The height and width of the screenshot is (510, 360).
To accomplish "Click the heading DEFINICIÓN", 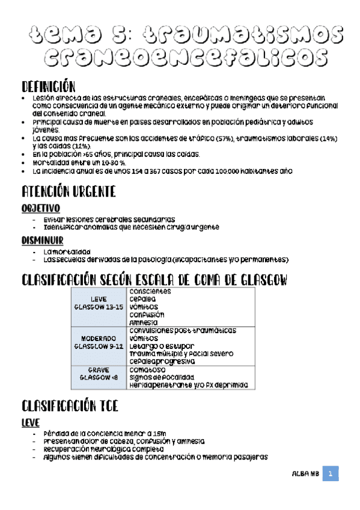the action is [48, 86].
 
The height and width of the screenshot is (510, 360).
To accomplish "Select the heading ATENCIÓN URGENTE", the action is [68, 192].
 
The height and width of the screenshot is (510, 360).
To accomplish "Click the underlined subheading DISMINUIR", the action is [42, 241].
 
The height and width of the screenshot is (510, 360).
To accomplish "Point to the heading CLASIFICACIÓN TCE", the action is [69, 406].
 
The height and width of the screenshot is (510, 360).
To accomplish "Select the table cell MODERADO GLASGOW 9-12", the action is [99, 343].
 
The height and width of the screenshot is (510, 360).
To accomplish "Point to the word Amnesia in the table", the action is [147, 322].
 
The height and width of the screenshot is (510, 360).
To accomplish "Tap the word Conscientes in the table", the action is [150, 292].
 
